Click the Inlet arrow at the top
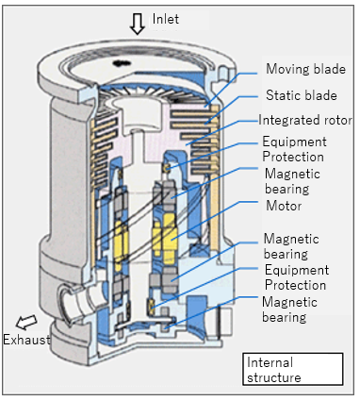pos(138,24)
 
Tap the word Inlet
pos(166,19)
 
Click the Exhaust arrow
pos(26,323)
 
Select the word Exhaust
pos(26,340)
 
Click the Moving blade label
pos(305,69)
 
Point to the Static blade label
pos(302,95)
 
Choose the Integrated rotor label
pos(305,120)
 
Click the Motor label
pos(284,206)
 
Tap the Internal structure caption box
pos(292,369)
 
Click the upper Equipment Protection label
pos(294,149)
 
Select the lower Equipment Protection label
pos(297,277)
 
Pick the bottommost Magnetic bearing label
pos(289,309)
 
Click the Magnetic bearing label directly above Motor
pos(292,181)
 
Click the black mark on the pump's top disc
pos(122,63)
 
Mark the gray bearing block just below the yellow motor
pos(164,280)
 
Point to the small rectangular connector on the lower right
pos(225,323)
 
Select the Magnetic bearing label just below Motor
pos(291,246)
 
